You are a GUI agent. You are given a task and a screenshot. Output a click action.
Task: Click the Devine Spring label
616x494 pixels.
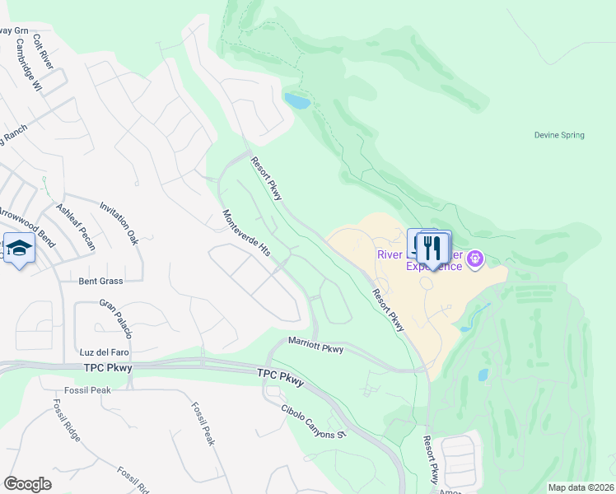coord(559,135)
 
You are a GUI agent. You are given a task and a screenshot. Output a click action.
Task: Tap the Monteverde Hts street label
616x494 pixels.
coord(246,233)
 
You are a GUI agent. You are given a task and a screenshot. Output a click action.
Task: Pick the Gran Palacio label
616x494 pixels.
coord(116,314)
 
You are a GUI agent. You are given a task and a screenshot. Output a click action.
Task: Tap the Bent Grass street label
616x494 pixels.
coord(100,282)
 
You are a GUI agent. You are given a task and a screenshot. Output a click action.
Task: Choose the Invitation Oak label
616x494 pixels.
coord(119,225)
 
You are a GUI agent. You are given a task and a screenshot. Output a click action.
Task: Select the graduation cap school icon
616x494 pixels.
coord(18,247)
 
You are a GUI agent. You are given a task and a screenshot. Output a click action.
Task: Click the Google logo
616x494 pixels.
coord(27,484)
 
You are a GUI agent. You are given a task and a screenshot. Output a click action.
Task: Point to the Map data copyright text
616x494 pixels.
coord(580,487)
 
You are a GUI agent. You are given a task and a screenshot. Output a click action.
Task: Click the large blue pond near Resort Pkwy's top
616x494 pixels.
coord(297,101)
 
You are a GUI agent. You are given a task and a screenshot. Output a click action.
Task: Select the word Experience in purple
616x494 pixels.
coord(434,266)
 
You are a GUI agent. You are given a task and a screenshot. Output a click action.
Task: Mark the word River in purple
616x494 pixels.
coord(390,254)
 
